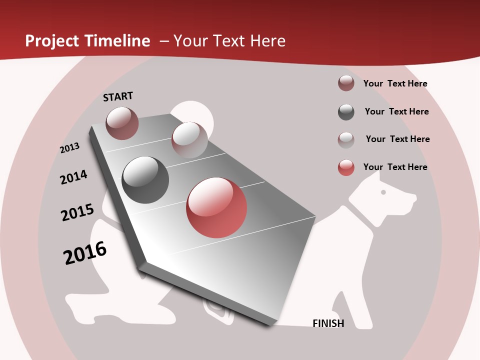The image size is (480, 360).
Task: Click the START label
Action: [118, 96]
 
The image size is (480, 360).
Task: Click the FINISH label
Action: [328, 323]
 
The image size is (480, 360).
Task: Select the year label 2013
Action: [69, 148]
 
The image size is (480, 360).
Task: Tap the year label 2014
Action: [73, 177]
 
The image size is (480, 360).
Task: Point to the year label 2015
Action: [77, 212]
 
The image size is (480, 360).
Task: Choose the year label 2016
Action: [85, 253]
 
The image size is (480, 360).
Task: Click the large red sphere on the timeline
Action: [216, 207]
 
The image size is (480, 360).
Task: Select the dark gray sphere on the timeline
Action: [145, 179]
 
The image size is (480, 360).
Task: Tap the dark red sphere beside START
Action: [122, 123]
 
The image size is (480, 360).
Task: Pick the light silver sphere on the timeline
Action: [189, 139]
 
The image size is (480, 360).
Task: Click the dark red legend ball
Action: [346, 83]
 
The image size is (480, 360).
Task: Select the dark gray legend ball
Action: [346, 112]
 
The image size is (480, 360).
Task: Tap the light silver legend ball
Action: [346, 139]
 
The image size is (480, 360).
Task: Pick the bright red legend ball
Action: [346, 167]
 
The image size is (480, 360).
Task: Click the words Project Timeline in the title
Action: [87, 41]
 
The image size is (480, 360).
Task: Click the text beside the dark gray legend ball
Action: [396, 111]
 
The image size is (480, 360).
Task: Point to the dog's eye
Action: [383, 192]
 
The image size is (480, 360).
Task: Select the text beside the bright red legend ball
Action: [395, 167]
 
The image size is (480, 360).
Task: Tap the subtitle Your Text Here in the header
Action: [229, 41]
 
